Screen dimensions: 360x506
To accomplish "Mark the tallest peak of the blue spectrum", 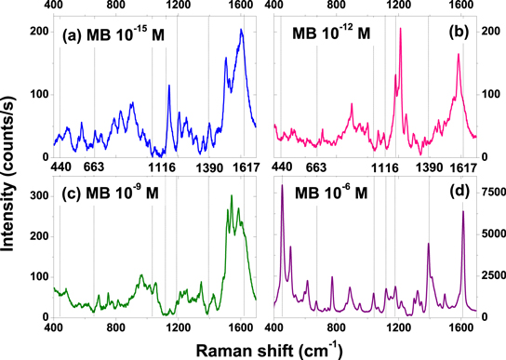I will click(242, 30).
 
